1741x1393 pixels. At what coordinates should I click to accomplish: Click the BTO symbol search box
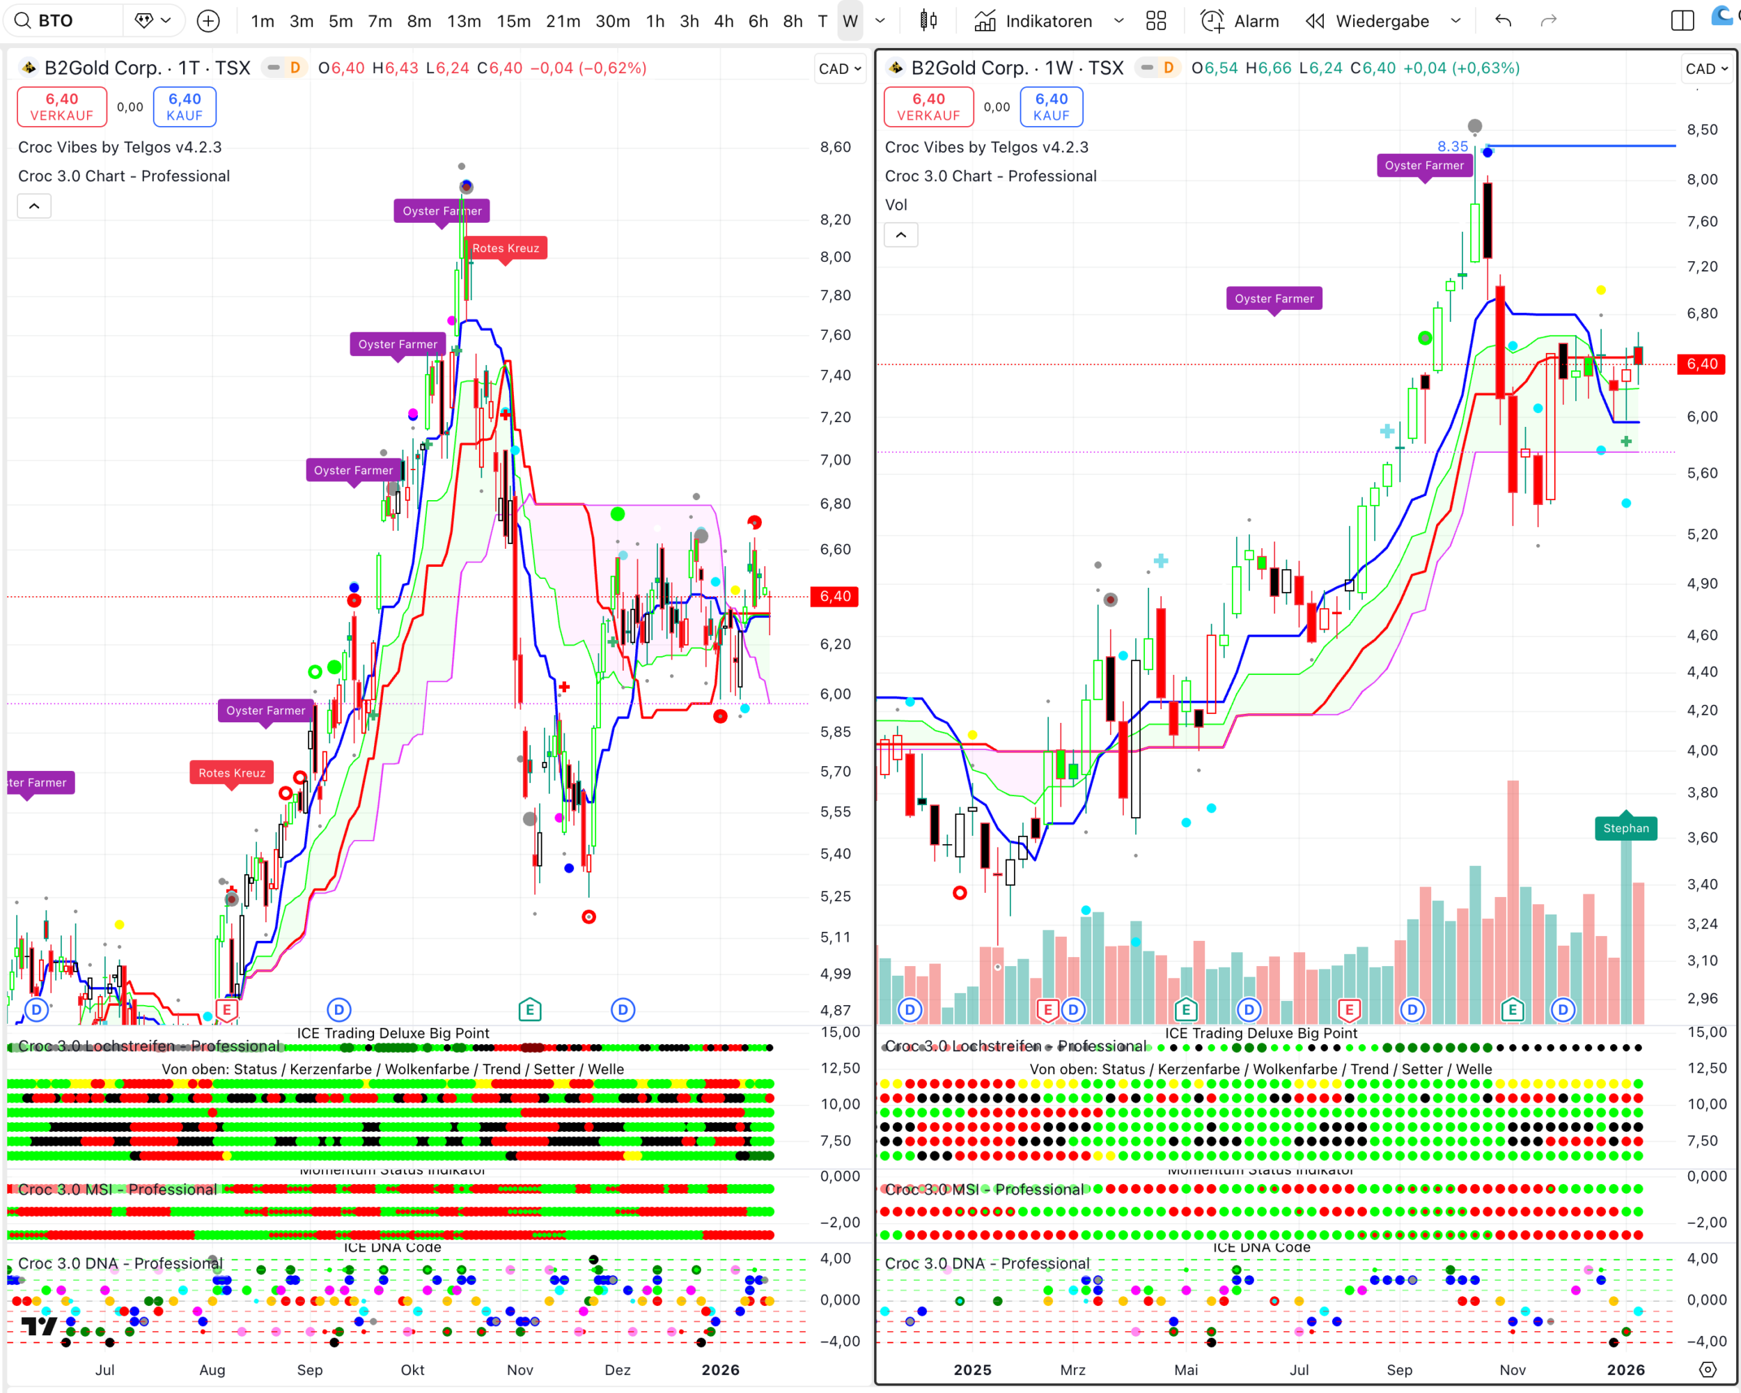tap(65, 21)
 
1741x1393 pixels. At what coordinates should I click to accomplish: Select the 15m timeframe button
tap(513, 21)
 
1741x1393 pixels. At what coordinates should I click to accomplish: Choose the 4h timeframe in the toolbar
tap(724, 21)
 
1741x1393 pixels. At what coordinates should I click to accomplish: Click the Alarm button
tap(1240, 21)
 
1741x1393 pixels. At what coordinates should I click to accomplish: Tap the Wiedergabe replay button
tap(1368, 21)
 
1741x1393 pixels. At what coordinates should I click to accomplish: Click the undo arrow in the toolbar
tap(1503, 21)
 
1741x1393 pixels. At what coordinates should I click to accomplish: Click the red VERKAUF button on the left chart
tap(62, 107)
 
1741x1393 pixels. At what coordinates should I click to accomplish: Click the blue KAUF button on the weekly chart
tap(1052, 107)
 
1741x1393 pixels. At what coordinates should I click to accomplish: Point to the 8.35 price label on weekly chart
tap(1452, 146)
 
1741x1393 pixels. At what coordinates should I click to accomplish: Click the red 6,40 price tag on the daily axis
tap(835, 596)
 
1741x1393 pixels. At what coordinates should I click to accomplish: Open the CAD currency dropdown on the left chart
tap(840, 69)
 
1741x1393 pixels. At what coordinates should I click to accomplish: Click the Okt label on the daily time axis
tap(413, 1369)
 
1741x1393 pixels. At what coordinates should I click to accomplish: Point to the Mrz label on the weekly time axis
tap(1072, 1369)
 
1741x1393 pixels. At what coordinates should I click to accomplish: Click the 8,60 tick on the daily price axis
tap(835, 147)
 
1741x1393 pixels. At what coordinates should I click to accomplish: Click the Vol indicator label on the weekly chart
tap(896, 205)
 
